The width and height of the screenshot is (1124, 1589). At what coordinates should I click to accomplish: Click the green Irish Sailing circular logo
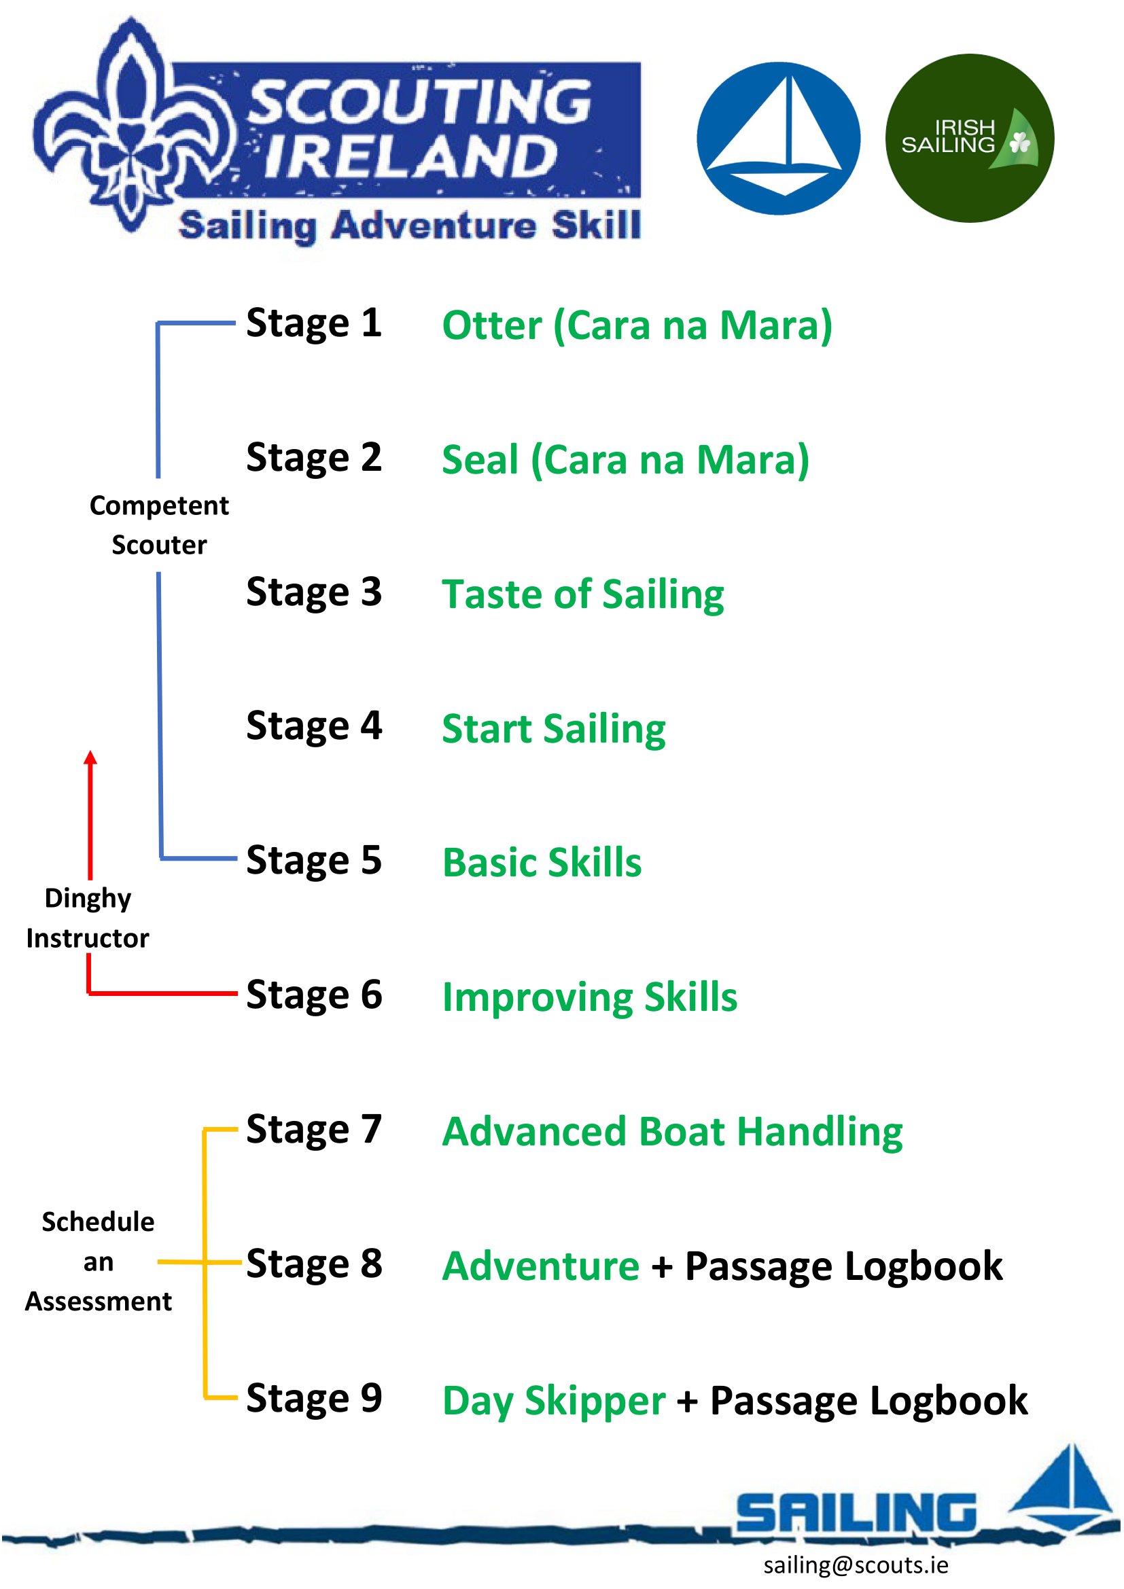[x=969, y=139]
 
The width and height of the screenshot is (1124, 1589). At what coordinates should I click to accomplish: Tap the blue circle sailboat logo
[x=778, y=139]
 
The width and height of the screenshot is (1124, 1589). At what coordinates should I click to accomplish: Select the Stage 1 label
[x=313, y=323]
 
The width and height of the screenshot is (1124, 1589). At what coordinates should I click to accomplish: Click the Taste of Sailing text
[x=583, y=594]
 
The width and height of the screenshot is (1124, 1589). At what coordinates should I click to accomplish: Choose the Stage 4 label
[x=313, y=726]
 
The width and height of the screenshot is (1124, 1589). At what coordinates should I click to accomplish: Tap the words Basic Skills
[x=542, y=863]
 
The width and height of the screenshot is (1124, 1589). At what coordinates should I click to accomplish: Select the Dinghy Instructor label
[x=88, y=918]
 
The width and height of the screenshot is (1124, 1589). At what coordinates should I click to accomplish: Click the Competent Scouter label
[x=159, y=525]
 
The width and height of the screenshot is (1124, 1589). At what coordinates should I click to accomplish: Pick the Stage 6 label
[x=313, y=995]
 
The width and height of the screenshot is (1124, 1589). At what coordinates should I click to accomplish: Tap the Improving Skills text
[x=590, y=997]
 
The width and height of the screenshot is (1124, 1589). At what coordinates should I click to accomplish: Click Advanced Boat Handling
[x=672, y=1132]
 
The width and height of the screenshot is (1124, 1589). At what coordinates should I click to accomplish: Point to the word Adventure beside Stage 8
[x=540, y=1266]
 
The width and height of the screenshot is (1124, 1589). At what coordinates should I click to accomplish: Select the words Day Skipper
[x=554, y=1401]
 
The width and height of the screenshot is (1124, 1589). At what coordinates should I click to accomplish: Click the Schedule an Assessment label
[x=99, y=1262]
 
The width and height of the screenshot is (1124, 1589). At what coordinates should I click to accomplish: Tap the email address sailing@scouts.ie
[x=856, y=1565]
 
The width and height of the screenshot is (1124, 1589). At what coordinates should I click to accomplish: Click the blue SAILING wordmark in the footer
[x=856, y=1512]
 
